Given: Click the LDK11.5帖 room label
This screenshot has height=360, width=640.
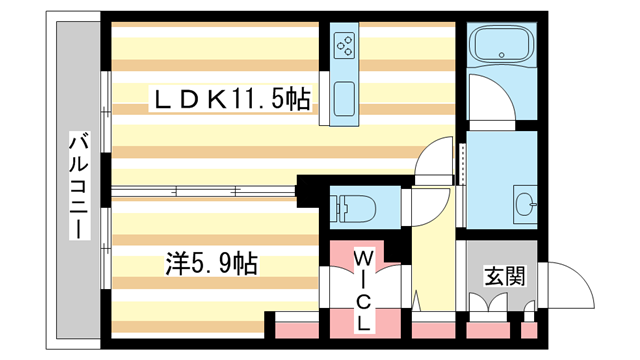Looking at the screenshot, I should pyautogui.click(x=229, y=99).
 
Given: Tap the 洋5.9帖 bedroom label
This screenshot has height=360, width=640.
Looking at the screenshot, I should pyautogui.click(x=211, y=264).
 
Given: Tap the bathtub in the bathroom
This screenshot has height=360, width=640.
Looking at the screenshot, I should pyautogui.click(x=503, y=46).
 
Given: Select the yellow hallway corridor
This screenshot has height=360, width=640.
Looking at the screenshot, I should pyautogui.click(x=434, y=260).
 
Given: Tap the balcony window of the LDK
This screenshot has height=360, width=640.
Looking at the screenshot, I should pyautogui.click(x=105, y=120).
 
